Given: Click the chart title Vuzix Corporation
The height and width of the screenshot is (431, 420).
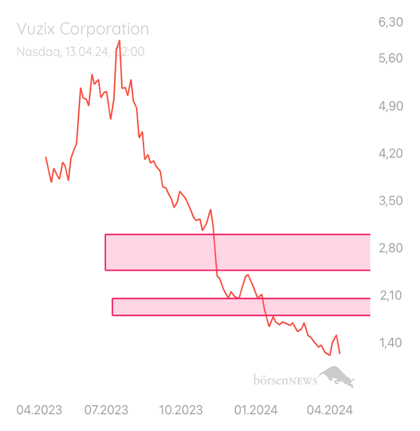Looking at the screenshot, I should point(82,29).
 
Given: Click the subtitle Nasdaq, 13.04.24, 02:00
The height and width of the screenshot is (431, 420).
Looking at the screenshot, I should point(80,52).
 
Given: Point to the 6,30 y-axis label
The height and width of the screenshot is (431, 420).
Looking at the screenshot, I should point(391,23).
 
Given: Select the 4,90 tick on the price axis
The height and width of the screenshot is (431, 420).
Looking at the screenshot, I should point(391,106).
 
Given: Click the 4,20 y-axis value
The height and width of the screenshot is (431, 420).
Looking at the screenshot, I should point(391,154).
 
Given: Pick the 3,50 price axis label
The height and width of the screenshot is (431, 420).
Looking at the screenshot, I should point(391,201).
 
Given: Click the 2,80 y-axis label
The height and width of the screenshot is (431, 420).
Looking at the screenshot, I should point(391,248).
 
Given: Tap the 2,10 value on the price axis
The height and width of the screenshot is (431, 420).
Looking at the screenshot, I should point(391,296).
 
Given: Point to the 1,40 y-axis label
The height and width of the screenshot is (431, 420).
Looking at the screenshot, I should point(391,343).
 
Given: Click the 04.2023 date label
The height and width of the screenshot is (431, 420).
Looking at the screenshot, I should point(39,411).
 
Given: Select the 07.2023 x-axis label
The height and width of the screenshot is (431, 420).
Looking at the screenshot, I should point(106,411).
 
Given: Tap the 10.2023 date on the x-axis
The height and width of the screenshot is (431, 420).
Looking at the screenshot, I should point(180,411).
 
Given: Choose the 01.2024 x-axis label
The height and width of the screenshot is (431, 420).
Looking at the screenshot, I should point(256,411).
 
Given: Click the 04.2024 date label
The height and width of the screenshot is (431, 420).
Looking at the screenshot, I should point(330,411).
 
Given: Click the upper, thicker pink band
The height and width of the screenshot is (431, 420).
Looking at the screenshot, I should point(237,252).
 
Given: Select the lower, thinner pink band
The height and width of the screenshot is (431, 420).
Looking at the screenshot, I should point(241,307).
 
